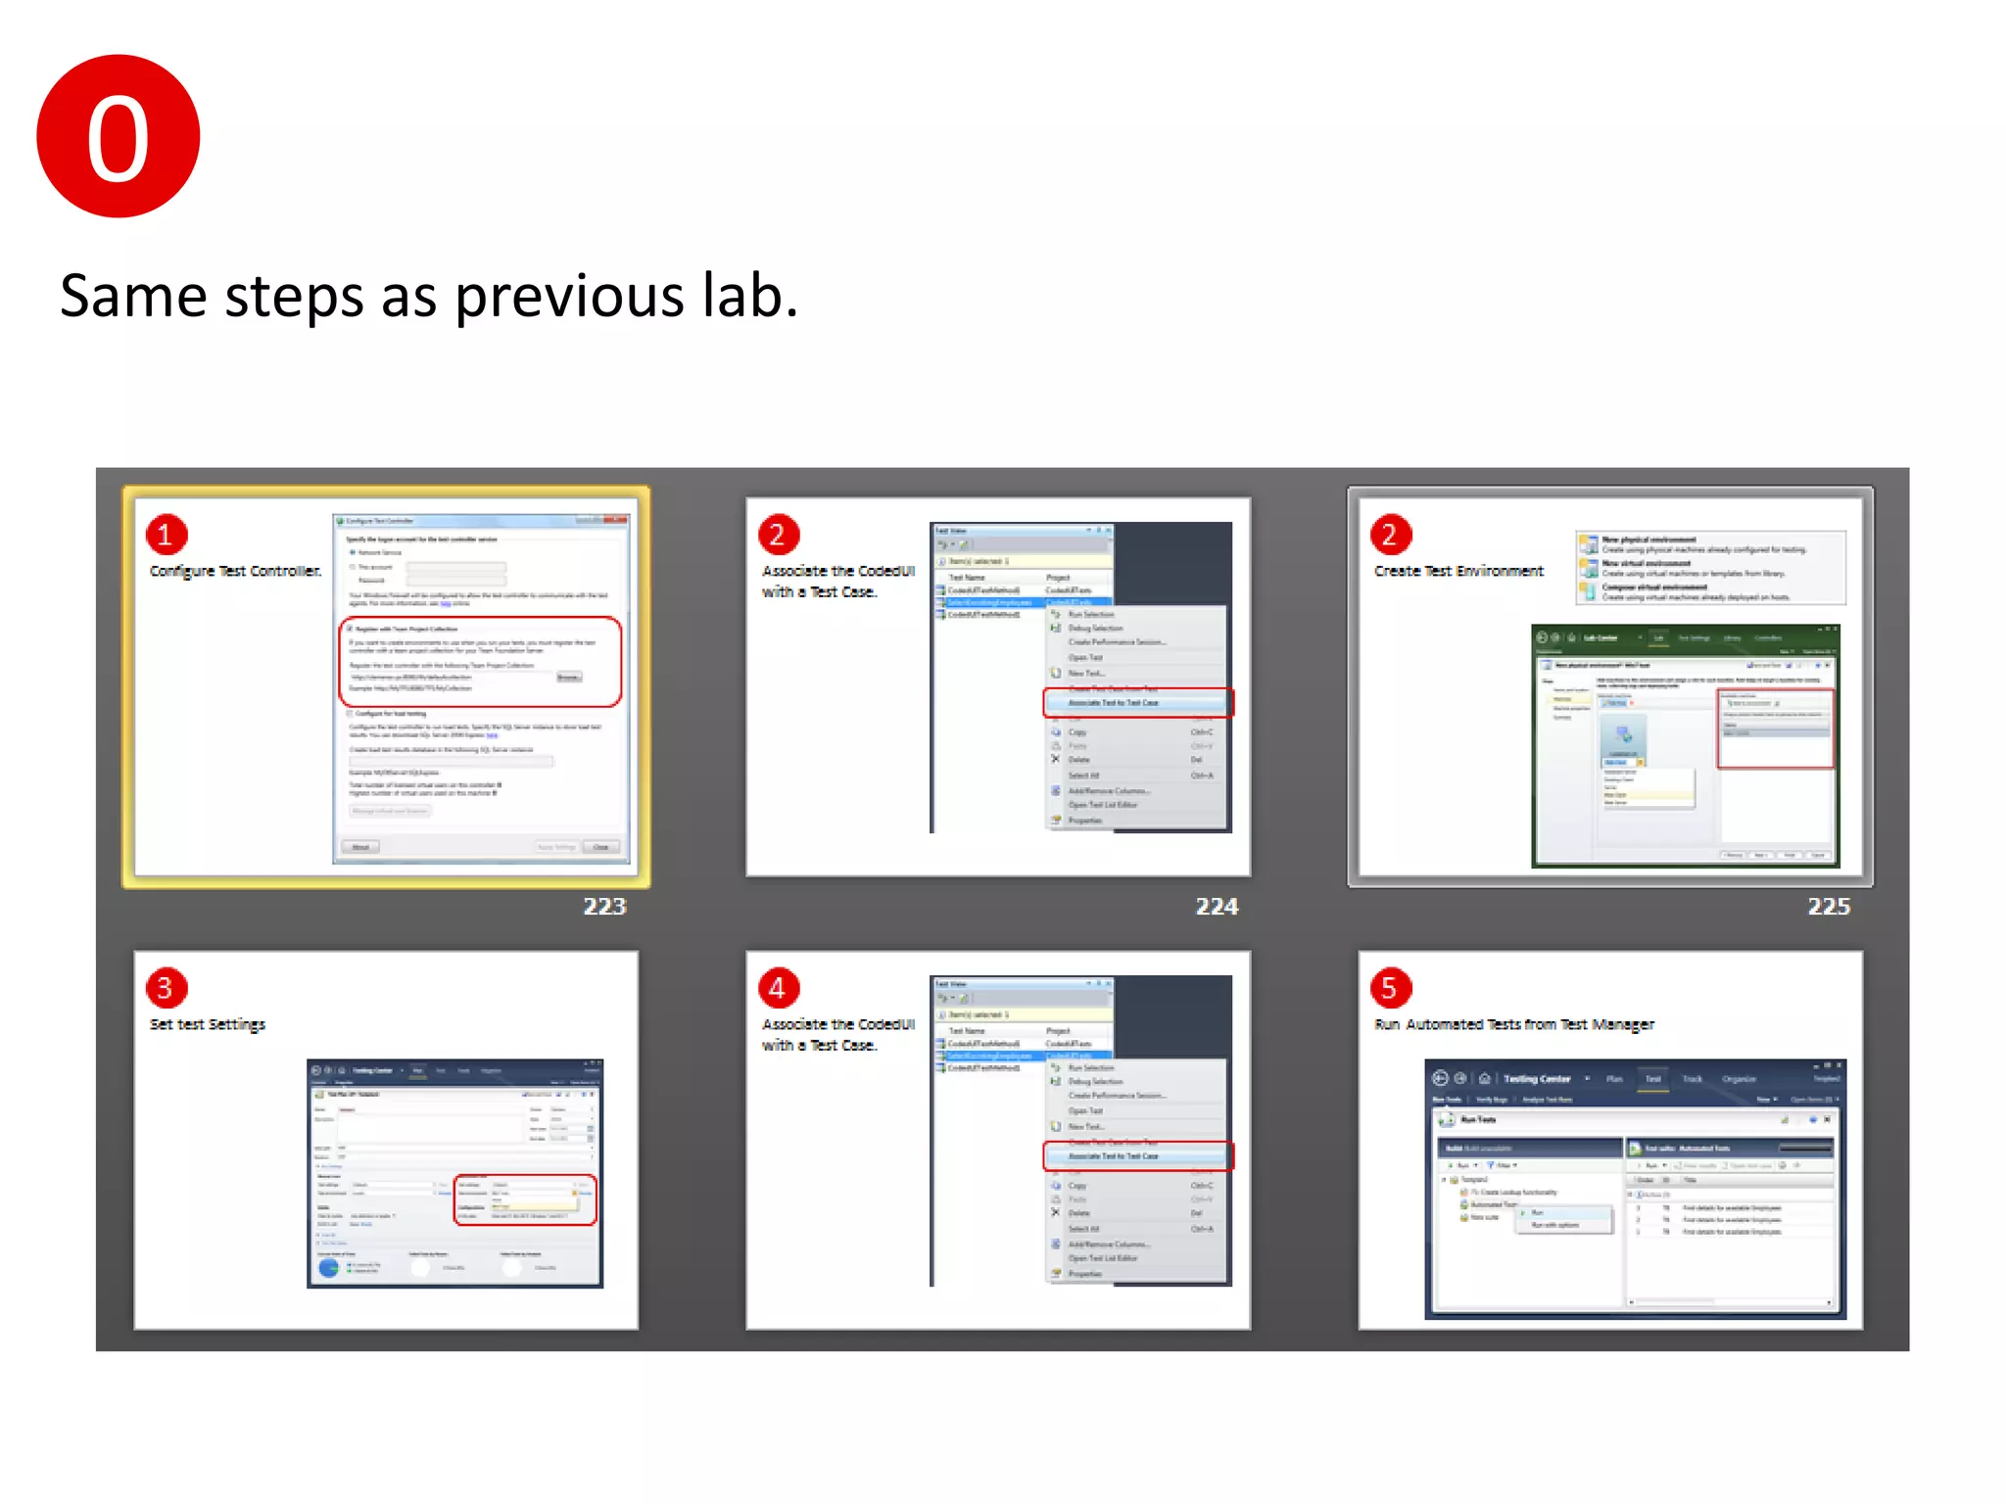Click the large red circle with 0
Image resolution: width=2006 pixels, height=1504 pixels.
(119, 136)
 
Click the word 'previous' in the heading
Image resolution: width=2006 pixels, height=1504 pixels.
(569, 297)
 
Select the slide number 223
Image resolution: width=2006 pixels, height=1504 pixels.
(604, 907)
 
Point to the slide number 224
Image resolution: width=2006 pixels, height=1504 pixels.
(1217, 907)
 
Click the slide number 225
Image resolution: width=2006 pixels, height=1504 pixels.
(1829, 907)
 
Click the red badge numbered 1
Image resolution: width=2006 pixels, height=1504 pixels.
(166, 535)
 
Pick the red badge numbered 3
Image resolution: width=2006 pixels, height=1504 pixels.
(166, 988)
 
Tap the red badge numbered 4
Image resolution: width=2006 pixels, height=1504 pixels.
(778, 988)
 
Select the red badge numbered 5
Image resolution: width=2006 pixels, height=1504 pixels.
(1390, 988)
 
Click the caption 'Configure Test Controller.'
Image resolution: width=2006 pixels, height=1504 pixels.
(235, 571)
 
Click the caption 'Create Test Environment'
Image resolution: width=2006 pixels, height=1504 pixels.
(1458, 571)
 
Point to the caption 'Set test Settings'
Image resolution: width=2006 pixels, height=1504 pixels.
(208, 1024)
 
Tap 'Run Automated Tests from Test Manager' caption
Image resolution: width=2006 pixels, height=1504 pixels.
(1513, 1024)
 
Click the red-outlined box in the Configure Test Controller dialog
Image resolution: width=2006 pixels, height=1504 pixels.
(480, 662)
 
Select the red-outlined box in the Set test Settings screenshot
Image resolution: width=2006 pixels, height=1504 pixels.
(525, 1199)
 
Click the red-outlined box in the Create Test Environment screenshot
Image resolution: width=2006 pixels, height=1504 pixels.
(1775, 728)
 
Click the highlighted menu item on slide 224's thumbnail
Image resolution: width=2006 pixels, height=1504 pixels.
(1136, 703)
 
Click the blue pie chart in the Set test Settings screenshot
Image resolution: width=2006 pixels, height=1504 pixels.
(329, 1267)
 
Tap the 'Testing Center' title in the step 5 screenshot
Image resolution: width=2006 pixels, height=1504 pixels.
(1536, 1078)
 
